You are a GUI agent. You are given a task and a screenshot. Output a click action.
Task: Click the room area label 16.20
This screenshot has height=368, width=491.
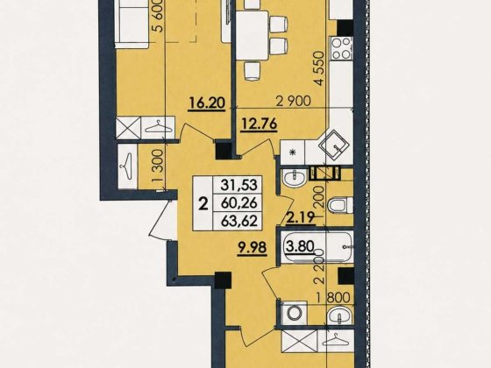(x=207, y=103)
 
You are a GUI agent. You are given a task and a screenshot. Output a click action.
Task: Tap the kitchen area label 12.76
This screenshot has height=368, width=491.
(x=259, y=124)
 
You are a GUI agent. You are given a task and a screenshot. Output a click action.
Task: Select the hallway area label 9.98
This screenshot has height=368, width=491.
(x=253, y=249)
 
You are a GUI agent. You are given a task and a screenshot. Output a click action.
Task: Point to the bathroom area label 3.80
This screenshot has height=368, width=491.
(x=299, y=246)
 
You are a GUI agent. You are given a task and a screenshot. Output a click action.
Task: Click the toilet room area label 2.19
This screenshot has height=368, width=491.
(x=301, y=217)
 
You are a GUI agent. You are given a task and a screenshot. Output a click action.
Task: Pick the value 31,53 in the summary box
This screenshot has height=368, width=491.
(x=239, y=185)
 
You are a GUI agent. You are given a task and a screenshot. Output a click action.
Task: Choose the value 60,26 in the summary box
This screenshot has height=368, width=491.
(x=239, y=203)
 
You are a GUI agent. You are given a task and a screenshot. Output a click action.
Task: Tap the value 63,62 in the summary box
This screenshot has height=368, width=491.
(x=239, y=221)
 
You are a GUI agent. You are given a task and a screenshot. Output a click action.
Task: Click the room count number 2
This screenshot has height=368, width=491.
(x=203, y=204)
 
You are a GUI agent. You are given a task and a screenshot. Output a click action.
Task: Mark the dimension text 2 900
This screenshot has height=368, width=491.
(x=294, y=101)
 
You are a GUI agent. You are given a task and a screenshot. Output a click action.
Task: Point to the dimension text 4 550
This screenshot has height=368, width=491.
(x=320, y=68)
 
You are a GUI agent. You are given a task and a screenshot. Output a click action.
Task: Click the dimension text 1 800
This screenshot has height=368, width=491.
(x=332, y=298)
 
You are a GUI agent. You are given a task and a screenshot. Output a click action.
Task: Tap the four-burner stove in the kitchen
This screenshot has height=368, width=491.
(x=341, y=48)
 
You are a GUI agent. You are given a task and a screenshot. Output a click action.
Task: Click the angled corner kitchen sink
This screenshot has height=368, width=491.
(x=333, y=145)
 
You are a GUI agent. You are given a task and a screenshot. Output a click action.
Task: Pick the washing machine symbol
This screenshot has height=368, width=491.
(x=294, y=313)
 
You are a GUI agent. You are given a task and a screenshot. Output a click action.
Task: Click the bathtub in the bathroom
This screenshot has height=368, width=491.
(x=317, y=247)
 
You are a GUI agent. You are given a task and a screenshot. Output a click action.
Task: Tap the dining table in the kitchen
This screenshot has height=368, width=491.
(x=253, y=35)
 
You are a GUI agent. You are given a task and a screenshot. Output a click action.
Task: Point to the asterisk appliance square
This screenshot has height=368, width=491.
(x=293, y=152)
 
